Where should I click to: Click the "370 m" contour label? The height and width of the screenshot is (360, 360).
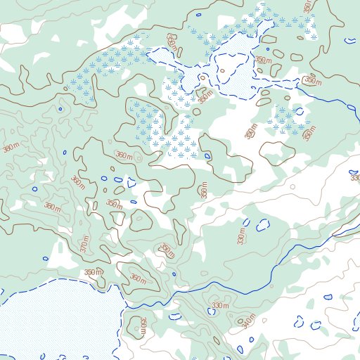[x=84, y=245]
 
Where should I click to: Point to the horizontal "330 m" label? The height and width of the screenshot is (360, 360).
[x=220, y=305]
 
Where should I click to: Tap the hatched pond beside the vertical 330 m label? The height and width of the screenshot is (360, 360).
[x=264, y=226]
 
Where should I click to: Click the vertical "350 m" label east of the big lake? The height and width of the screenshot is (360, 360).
[x=143, y=325]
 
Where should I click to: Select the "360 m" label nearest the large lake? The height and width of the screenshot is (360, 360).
[x=137, y=279]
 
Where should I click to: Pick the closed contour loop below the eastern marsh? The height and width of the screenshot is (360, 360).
[x=278, y=151]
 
